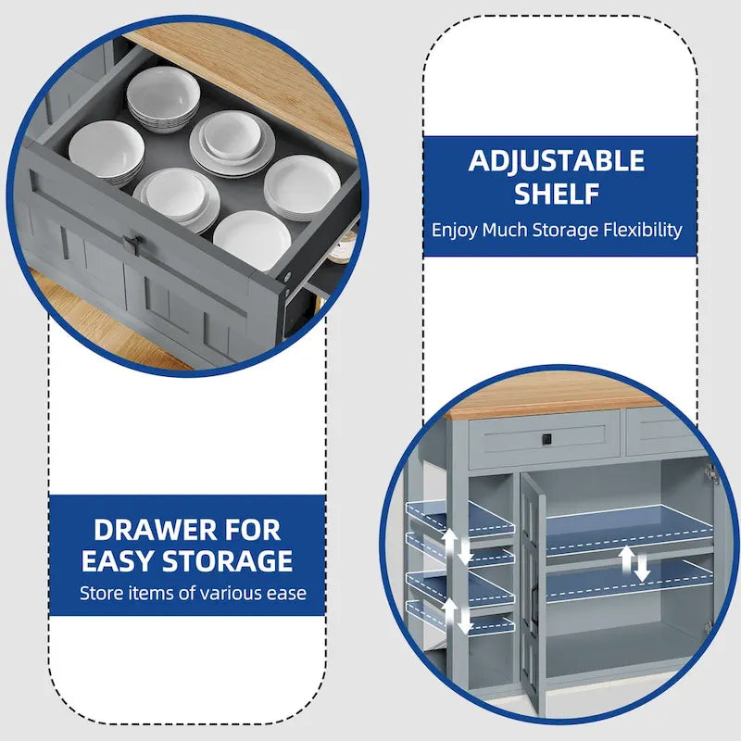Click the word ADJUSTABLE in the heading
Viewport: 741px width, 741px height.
point(557,160)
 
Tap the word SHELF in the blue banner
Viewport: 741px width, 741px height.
point(557,194)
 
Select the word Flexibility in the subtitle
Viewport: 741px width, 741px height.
point(643,231)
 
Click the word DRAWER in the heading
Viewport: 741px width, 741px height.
point(156,530)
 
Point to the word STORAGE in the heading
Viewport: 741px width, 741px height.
point(227,561)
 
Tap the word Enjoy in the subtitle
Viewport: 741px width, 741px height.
point(454,231)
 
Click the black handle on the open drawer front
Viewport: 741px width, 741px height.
point(133,245)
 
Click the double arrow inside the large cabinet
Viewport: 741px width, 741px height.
point(634,563)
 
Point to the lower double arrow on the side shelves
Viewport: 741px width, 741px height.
point(457,616)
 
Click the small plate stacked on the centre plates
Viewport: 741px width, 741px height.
point(231,136)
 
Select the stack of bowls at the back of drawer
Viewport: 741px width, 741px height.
point(163,99)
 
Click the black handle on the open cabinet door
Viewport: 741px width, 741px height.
point(534,603)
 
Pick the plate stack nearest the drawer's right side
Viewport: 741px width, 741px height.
point(302,188)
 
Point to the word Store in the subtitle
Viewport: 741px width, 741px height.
point(99,593)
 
